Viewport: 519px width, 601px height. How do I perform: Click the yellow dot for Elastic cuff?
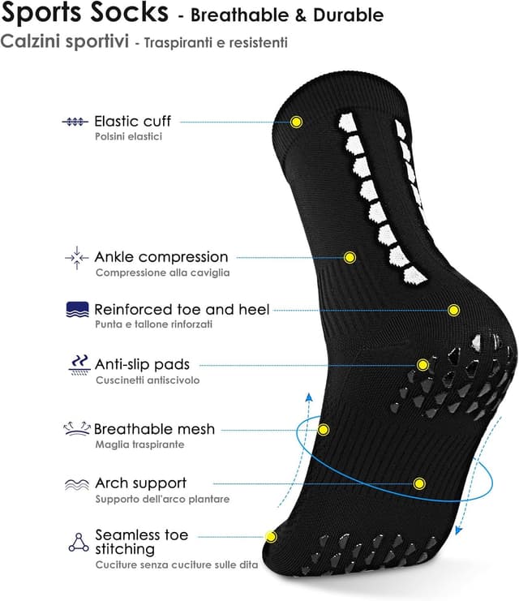[296, 122]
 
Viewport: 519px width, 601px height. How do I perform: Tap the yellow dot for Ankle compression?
[350, 257]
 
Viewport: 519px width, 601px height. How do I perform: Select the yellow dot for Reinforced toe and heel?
[454, 310]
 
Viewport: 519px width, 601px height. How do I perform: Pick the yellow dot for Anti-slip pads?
[422, 365]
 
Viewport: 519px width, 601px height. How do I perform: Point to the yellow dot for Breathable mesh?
[324, 429]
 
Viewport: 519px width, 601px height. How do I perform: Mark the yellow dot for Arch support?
[419, 483]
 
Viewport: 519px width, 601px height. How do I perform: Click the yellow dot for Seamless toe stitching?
[271, 536]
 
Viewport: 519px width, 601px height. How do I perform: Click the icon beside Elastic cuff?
[75, 122]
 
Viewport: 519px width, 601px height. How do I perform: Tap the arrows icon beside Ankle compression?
[76, 258]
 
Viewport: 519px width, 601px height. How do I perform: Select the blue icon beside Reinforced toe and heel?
[77, 310]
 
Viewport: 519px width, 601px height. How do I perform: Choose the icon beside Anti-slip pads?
[78, 365]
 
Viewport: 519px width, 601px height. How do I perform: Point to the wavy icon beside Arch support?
[76, 484]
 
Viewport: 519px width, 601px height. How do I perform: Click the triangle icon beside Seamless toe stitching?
[78, 542]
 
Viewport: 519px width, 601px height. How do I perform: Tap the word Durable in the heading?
[345, 15]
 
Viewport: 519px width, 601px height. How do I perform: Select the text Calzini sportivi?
[65, 41]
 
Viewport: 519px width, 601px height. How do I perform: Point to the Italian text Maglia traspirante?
[139, 444]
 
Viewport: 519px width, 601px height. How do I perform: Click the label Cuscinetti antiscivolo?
[147, 380]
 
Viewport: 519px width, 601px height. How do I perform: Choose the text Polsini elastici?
[128, 136]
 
